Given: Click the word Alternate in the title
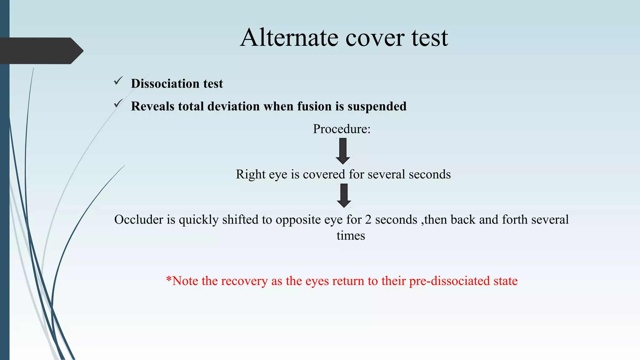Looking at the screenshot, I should [289, 37].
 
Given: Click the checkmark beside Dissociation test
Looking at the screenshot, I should [118, 81].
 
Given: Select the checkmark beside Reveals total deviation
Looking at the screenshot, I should [118, 103].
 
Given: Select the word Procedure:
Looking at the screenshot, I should [342, 129].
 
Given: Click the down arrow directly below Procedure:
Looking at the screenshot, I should [343, 151].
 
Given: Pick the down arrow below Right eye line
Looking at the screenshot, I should [344, 196].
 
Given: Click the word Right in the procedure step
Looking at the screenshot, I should [246, 174].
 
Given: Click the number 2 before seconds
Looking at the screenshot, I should [368, 219].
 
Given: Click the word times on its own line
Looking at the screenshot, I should [351, 236].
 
